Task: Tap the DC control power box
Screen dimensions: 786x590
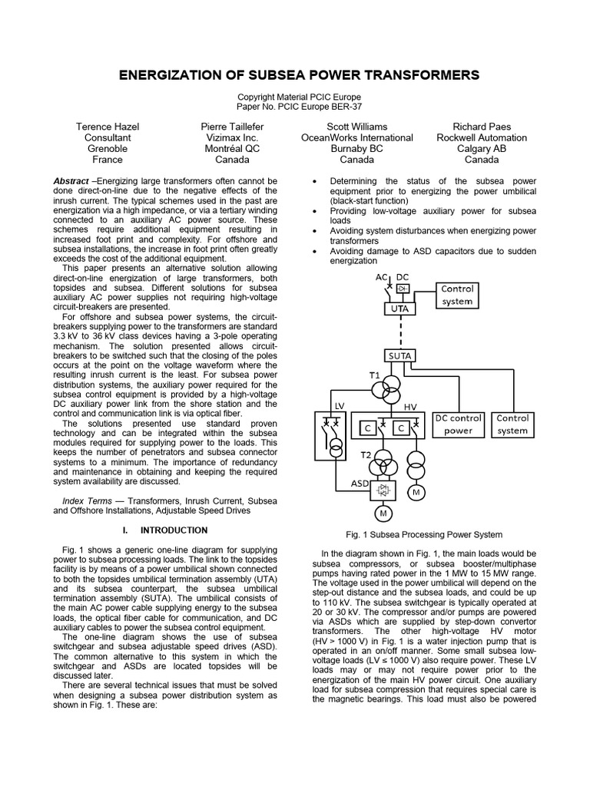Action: [x=459, y=424]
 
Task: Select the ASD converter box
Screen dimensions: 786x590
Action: [x=381, y=489]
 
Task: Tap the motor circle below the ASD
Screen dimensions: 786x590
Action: [x=381, y=514]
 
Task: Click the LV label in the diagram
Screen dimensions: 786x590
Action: [x=341, y=405]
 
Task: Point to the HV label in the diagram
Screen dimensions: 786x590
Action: [x=409, y=405]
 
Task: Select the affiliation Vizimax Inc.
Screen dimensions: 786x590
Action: [x=225, y=137]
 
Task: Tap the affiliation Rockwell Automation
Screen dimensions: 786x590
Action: [x=482, y=137]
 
